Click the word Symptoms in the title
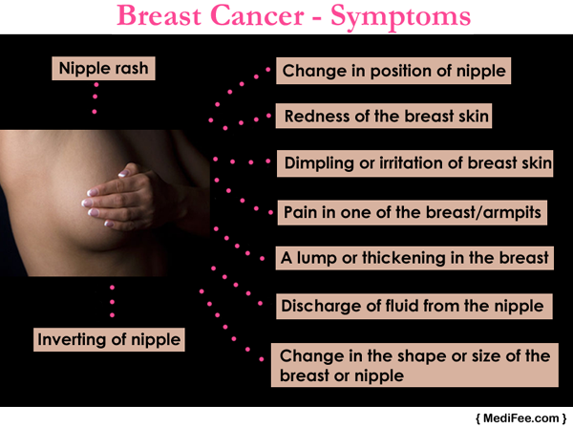tap(400, 17)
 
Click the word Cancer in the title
tap(257, 15)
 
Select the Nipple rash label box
tap(103, 69)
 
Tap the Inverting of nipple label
tap(109, 339)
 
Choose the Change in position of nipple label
tap(393, 71)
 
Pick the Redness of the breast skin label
tap(384, 116)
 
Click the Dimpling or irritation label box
tap(414, 163)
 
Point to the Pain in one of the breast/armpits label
tap(413, 212)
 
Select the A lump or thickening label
tap(414, 258)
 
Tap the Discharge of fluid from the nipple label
tap(414, 306)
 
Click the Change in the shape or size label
tap(414, 365)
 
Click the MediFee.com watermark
tap(521, 418)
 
